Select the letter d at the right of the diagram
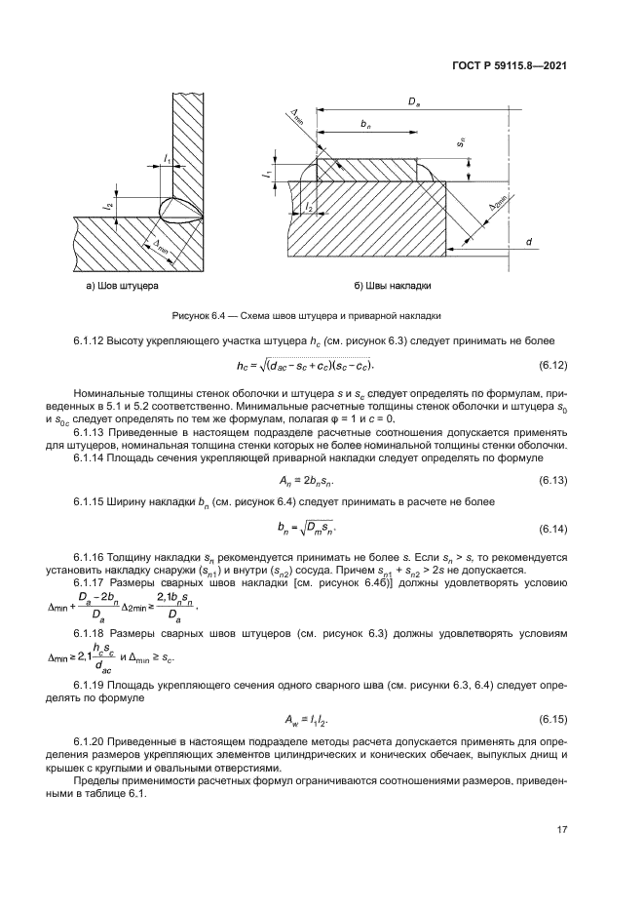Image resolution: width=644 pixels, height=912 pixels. [x=527, y=241]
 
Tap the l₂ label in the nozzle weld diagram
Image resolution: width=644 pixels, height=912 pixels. [x=110, y=205]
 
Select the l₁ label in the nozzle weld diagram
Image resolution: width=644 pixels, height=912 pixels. [x=168, y=158]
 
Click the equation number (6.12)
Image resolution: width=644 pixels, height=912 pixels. [x=552, y=365]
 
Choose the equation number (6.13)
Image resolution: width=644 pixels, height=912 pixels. [x=552, y=481]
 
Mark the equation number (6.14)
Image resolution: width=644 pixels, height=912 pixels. [x=552, y=528]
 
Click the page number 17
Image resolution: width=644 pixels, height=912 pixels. [x=561, y=829]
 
